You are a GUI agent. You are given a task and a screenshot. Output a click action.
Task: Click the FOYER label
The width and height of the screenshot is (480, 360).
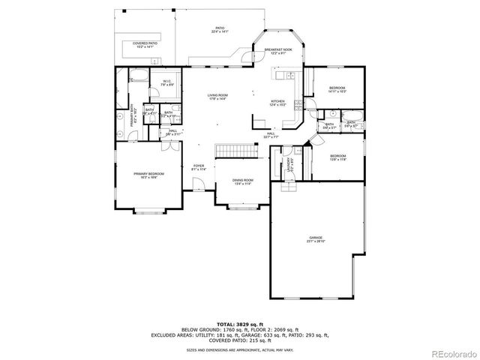(199, 167)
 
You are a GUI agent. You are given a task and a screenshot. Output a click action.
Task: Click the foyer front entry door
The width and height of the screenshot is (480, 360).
(197, 187)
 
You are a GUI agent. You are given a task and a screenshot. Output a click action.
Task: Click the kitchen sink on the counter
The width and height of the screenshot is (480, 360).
(285, 76)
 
